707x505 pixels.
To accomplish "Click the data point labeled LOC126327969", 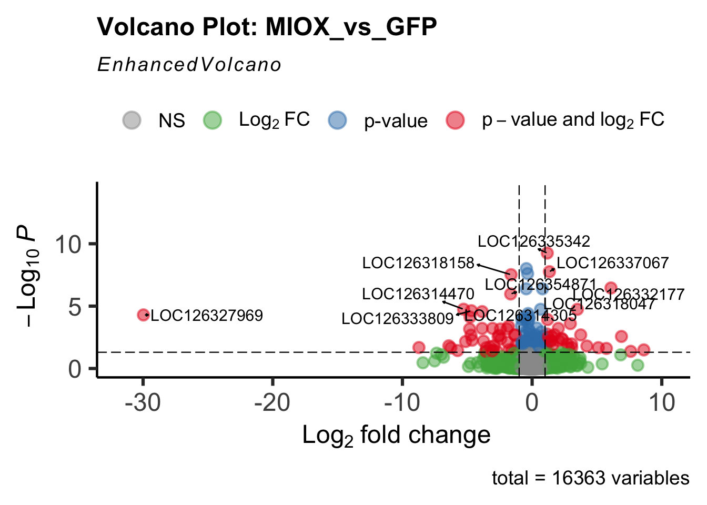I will pyautogui.click(x=143, y=315).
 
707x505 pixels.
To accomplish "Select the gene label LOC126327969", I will pyautogui.click(x=207, y=316).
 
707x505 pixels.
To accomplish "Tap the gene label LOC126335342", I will pyautogui.click(x=534, y=241).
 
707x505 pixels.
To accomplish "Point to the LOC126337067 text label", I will pyautogui.click(x=613, y=262).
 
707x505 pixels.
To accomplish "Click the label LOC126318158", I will pyautogui.click(x=418, y=263).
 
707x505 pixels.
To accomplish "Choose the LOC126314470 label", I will pyautogui.click(x=418, y=294).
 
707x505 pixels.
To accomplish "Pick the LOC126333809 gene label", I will pyautogui.click(x=398, y=318).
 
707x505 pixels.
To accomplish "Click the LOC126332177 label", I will pyautogui.click(x=629, y=295).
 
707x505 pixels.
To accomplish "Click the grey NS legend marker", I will pyautogui.click(x=132, y=120).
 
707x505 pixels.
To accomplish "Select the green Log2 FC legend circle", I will pyautogui.click(x=213, y=120).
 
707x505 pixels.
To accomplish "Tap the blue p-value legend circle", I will pyautogui.click(x=337, y=120).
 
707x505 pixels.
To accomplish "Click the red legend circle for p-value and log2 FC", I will pyautogui.click(x=455, y=120).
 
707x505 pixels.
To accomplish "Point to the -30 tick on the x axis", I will pyautogui.click(x=143, y=403).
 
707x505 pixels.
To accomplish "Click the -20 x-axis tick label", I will pyautogui.click(x=272, y=403).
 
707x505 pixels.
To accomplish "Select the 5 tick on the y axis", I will pyautogui.click(x=75, y=307).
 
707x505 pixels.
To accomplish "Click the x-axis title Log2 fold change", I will pyautogui.click(x=396, y=436).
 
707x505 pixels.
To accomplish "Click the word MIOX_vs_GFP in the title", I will pyautogui.click(x=351, y=27).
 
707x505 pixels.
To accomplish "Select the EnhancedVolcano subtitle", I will pyautogui.click(x=189, y=65).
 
